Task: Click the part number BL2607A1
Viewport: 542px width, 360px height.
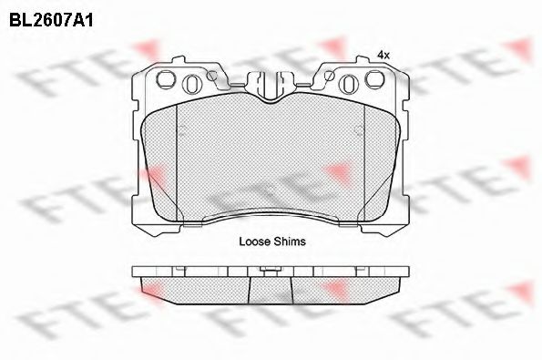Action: (x=51, y=20)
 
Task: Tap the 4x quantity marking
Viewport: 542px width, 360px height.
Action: (x=383, y=55)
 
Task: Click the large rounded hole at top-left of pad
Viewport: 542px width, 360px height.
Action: (x=165, y=79)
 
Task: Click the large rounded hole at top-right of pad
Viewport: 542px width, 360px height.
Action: (x=375, y=79)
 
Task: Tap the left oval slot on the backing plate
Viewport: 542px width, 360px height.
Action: (x=191, y=84)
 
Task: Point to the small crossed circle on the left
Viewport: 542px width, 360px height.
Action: (x=211, y=76)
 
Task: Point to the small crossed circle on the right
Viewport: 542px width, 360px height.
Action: (x=329, y=76)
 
